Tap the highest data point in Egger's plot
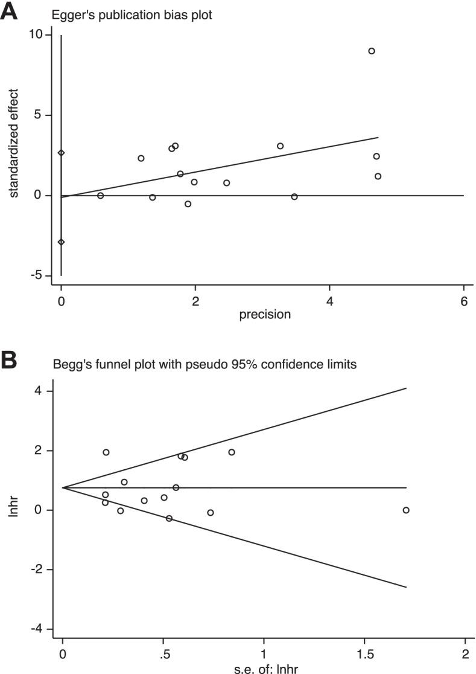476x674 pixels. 372,51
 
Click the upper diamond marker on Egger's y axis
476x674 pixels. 61,153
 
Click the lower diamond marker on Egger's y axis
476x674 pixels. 61,242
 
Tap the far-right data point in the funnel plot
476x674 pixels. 406,510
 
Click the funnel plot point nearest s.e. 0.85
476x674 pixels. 231,452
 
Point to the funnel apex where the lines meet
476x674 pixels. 63,487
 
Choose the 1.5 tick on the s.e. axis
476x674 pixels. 364,655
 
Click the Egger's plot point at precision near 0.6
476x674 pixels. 100,195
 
